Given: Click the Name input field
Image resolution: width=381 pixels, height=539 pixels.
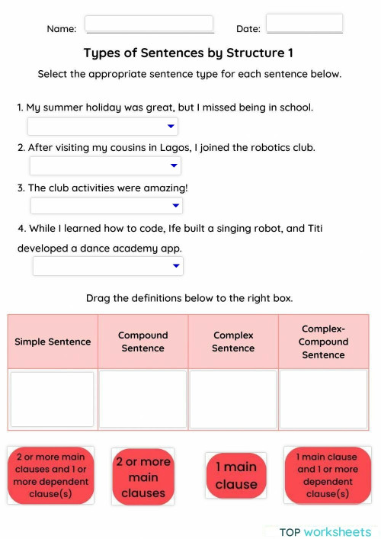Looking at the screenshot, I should [149, 24].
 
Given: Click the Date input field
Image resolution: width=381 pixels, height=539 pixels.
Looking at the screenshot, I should [304, 24].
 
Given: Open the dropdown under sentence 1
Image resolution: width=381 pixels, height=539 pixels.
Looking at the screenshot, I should [103, 127].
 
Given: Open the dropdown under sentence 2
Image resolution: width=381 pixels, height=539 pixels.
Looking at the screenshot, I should [105, 166].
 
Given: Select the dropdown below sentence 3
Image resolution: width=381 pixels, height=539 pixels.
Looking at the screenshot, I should [107, 206].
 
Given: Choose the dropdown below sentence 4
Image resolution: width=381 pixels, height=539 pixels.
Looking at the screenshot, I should [108, 266].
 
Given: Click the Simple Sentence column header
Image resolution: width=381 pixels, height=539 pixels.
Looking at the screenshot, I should [53, 342].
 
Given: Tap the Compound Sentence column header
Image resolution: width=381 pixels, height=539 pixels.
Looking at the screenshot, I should [142, 342].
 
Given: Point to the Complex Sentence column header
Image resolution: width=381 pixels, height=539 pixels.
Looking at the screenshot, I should [233, 342].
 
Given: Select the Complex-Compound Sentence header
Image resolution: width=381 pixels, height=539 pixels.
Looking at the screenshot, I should [324, 342].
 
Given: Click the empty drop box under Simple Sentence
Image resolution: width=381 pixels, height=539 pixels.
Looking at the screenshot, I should [53, 399].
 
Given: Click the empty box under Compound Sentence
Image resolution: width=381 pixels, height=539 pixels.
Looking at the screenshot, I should [142, 399].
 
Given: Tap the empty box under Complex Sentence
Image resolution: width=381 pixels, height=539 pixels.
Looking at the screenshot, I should [233, 399].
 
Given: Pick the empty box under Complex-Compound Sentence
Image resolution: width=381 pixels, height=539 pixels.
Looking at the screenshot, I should [324, 399].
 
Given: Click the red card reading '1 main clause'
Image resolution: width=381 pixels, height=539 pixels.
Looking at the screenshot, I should [236, 476].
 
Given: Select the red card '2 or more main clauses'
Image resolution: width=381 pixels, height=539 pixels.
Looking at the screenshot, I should [143, 476].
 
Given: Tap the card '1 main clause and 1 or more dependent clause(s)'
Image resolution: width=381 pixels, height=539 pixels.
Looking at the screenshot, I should [327, 475].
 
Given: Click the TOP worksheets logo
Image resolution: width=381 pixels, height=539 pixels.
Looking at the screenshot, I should [325, 531].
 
